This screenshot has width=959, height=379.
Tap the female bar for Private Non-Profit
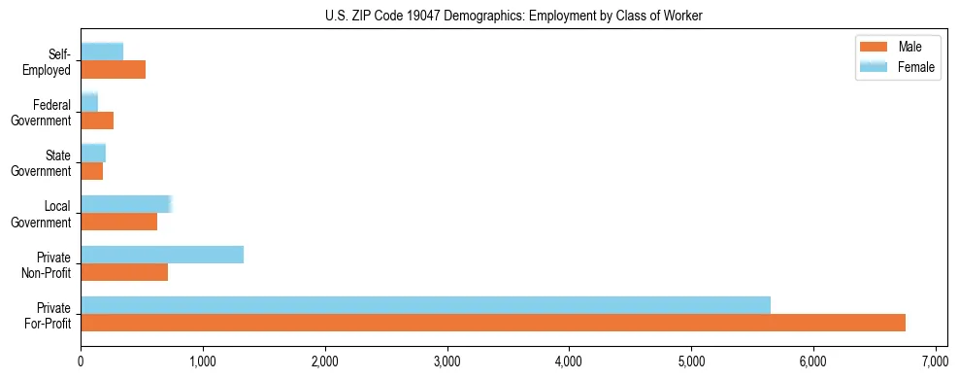tap(162, 255)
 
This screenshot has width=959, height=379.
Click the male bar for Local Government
tap(118, 222)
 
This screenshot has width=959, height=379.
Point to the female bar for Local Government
tap(126, 204)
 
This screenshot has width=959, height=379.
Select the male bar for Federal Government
tap(97, 121)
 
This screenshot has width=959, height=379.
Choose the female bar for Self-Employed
tap(102, 52)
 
